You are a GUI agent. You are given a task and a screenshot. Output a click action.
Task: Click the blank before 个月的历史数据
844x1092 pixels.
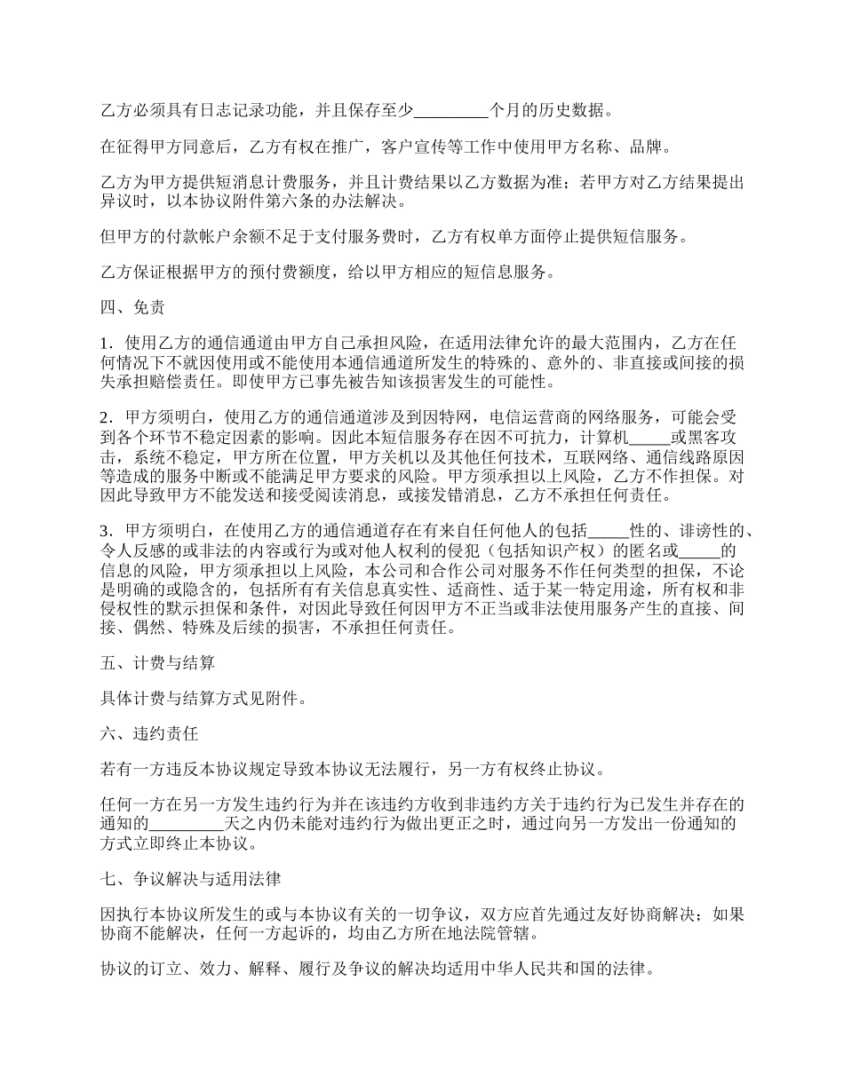(x=451, y=111)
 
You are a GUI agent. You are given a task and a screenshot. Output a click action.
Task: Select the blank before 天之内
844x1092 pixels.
(x=189, y=825)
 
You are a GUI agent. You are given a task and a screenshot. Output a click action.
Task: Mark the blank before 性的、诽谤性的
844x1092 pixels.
(x=609, y=531)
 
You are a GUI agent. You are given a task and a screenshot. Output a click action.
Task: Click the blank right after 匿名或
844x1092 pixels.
(x=697, y=550)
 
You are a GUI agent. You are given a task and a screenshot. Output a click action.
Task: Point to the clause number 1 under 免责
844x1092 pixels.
(x=106, y=343)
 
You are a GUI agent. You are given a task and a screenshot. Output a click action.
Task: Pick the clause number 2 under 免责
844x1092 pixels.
(x=106, y=416)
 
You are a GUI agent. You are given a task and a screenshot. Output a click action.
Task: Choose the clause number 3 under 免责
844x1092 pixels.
(x=106, y=531)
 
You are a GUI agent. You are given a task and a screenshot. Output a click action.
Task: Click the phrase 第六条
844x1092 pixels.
(x=288, y=201)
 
